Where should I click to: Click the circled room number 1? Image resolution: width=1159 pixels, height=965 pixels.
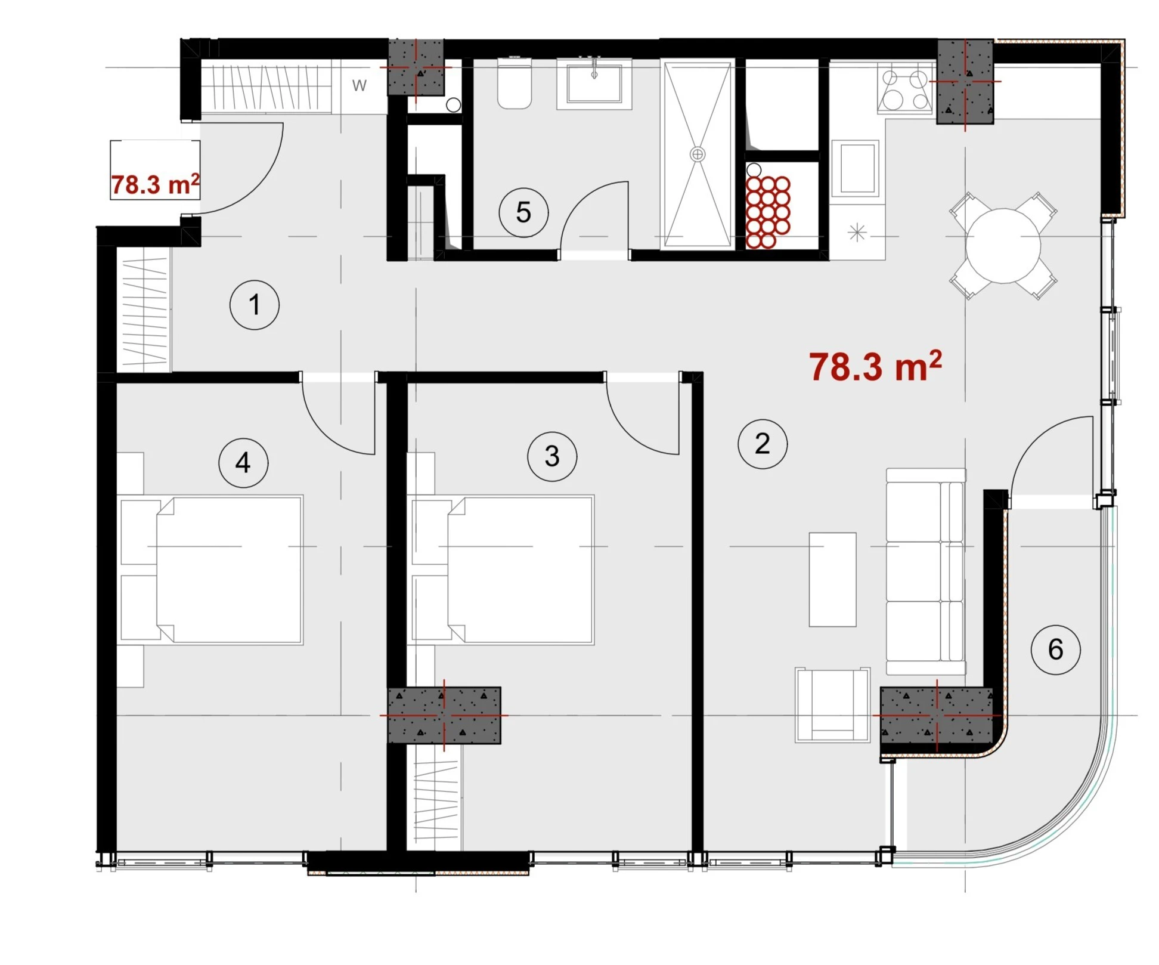click(x=255, y=305)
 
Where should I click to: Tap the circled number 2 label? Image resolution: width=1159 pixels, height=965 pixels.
click(x=763, y=444)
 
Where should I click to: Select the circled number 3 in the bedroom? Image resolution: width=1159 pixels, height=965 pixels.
click(x=552, y=456)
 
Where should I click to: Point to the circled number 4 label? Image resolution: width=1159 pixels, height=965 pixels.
click(x=243, y=462)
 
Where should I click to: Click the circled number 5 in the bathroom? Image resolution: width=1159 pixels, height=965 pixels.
click(x=523, y=212)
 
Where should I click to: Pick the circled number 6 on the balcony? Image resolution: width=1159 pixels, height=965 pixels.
click(x=1056, y=649)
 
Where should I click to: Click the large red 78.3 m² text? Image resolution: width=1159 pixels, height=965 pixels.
click(x=875, y=366)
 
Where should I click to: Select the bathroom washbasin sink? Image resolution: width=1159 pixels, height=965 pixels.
click(x=594, y=83)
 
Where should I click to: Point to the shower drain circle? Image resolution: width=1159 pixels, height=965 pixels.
click(x=698, y=154)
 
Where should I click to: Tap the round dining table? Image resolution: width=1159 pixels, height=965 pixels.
click(x=1003, y=246)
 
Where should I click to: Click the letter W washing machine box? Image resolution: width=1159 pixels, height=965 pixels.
click(x=359, y=85)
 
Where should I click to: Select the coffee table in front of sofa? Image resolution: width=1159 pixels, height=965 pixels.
click(x=832, y=580)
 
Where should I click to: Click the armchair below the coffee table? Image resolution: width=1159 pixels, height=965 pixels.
click(x=832, y=705)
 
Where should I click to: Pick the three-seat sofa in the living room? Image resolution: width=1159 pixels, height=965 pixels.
click(x=925, y=571)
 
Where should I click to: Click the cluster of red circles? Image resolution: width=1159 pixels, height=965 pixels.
click(x=768, y=212)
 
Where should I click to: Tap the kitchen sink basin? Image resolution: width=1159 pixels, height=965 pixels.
click(x=856, y=168)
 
